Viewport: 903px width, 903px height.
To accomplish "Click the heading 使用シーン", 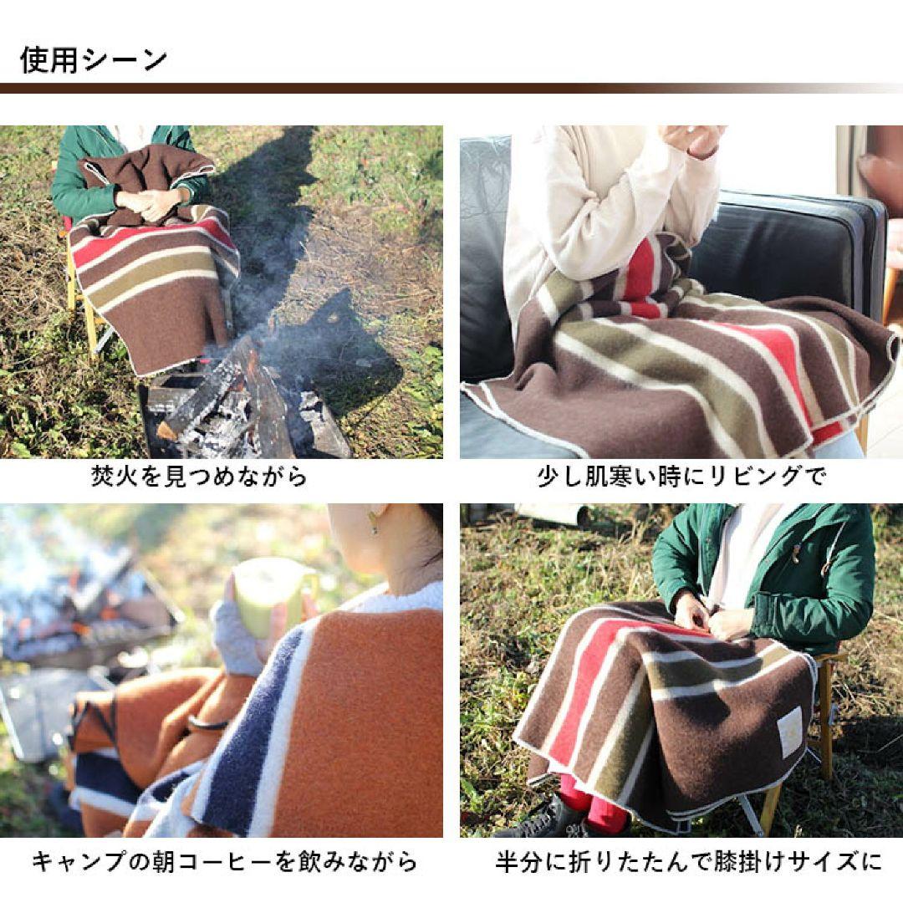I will [94, 60].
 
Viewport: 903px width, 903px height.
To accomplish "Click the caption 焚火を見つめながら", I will [199, 477].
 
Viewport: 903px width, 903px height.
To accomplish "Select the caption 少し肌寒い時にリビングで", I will [681, 477].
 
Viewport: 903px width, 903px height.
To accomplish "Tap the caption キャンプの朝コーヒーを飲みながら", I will [224, 861].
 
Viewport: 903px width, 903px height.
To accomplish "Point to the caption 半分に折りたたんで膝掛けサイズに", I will [687, 861].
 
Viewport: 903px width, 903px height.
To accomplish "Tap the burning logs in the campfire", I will [242, 401].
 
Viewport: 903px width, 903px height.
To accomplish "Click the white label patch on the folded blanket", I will [791, 732].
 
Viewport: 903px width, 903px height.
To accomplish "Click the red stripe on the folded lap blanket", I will [577, 694].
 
